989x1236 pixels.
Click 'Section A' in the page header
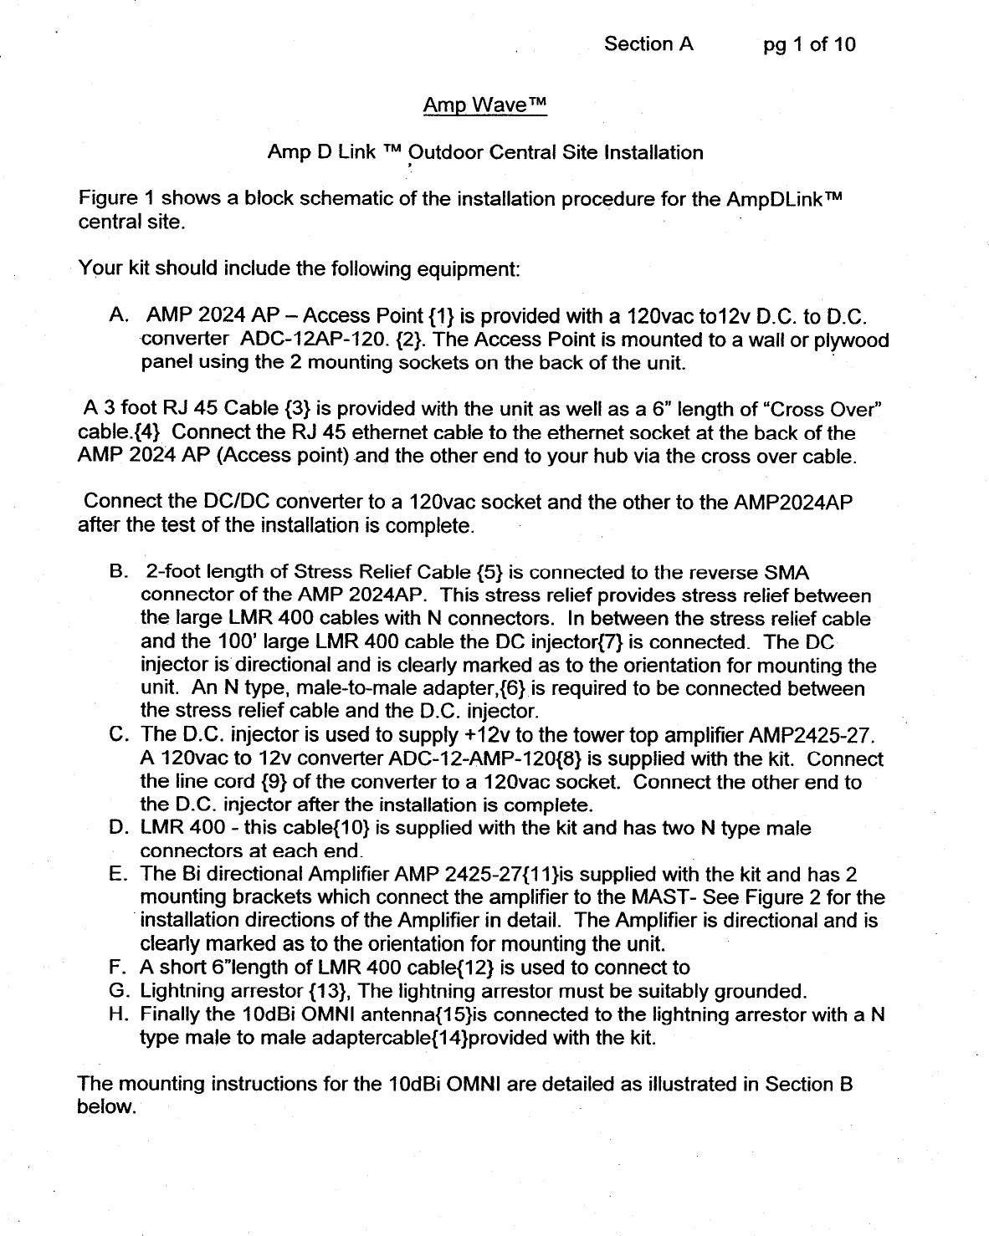coord(648,43)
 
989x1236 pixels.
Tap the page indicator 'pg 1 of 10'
coord(809,44)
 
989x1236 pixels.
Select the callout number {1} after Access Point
coord(441,316)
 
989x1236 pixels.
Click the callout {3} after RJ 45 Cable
coord(298,409)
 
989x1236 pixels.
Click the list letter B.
coord(118,573)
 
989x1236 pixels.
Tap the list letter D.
coord(118,828)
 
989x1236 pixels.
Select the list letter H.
coord(118,1015)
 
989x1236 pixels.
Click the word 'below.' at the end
coord(106,1107)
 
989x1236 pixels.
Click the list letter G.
coord(118,992)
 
